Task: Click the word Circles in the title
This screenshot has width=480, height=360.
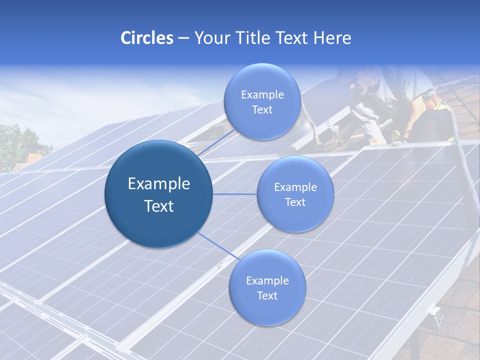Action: click(147, 38)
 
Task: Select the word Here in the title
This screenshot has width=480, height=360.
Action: click(332, 38)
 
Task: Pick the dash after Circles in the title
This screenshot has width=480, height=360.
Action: click(183, 38)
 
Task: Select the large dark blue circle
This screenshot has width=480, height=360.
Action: click(158, 194)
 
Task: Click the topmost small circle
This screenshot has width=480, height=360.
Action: click(262, 101)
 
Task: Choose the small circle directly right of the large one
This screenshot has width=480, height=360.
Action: click(295, 194)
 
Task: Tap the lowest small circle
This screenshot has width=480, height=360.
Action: click(267, 287)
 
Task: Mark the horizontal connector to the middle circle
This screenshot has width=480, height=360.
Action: click(235, 194)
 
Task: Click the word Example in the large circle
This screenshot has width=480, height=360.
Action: click(159, 184)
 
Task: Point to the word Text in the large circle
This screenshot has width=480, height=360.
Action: click(159, 206)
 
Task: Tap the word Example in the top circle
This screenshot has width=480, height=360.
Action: click(262, 95)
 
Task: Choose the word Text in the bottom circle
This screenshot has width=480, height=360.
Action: click(267, 295)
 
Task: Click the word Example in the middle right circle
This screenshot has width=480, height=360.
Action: click(295, 187)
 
